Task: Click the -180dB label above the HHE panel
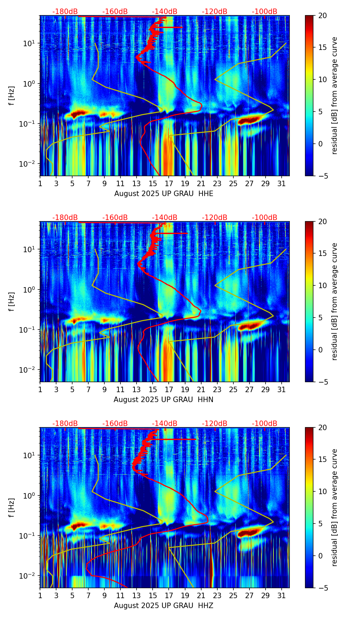(x=65, y=12)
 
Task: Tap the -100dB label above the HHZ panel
(x=265, y=424)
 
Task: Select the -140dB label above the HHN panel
(x=165, y=218)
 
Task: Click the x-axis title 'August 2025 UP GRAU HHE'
(x=164, y=194)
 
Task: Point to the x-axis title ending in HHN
(x=163, y=400)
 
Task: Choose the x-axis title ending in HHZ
(x=163, y=606)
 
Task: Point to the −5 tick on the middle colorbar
(x=322, y=382)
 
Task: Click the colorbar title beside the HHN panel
(x=334, y=301)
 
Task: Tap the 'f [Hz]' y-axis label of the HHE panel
(x=12, y=95)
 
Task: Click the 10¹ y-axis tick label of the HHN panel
(x=31, y=249)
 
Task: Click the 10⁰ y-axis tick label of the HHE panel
(x=31, y=83)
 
